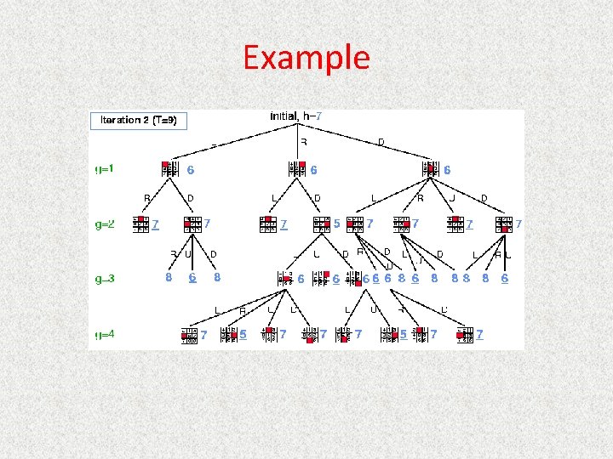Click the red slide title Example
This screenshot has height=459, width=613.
[306, 58]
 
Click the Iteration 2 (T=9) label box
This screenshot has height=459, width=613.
[138, 120]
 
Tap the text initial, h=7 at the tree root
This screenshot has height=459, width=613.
[295, 116]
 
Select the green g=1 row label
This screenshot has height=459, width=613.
[105, 169]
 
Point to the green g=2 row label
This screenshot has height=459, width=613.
[105, 225]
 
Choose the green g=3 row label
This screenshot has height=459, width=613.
[105, 278]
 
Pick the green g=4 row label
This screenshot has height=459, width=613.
[105, 335]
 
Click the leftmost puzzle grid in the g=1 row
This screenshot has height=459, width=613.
[170, 169]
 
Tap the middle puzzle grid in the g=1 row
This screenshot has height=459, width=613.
[297, 169]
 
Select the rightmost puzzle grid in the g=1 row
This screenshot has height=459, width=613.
[431, 169]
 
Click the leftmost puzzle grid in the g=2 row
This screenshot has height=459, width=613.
[140, 224]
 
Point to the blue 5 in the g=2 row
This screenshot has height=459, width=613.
[337, 224]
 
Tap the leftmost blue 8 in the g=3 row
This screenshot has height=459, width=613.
[169, 278]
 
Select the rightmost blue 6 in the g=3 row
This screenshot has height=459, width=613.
[505, 278]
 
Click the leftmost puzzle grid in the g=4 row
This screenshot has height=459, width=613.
[189, 335]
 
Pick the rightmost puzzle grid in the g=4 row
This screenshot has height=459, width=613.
[465, 335]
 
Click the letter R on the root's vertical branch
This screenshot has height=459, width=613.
[303, 142]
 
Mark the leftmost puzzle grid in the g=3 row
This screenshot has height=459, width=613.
[285, 278]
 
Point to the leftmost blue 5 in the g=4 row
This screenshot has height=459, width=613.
[243, 335]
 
